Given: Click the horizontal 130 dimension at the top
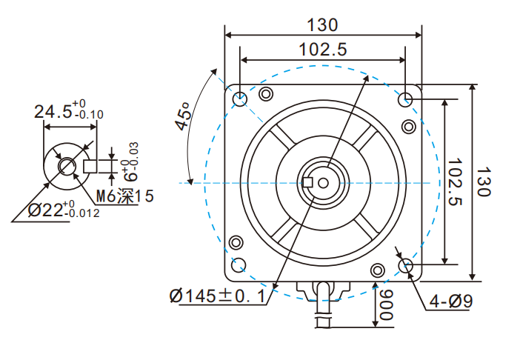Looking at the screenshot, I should click(322, 24).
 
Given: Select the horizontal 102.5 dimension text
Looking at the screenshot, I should click(322, 50).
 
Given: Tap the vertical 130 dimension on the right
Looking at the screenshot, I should click(484, 181).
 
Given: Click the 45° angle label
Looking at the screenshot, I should click(183, 116).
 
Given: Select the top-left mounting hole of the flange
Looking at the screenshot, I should click(240, 99).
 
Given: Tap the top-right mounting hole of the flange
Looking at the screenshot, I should click(406, 99).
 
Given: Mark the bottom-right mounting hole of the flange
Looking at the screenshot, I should click(406, 265).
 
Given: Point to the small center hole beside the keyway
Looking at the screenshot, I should click(323, 182).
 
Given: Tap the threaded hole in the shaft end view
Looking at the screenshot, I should click(67, 165).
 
